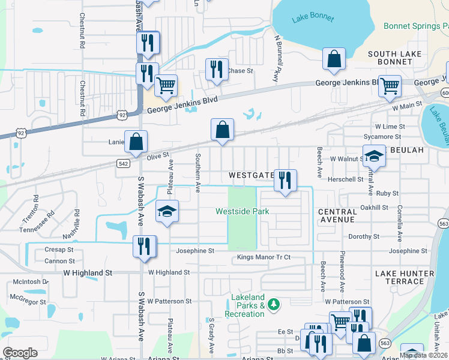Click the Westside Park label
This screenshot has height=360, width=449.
pos(242,212)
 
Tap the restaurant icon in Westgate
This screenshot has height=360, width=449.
pos(285,179)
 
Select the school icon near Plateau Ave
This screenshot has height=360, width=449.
pos(167,211)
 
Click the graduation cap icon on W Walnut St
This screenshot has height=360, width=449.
pos(373,157)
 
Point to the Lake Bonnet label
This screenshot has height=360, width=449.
pos(313,17)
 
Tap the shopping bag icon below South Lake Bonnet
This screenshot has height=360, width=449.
pos(334,59)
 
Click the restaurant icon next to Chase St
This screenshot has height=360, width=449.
pos(217,69)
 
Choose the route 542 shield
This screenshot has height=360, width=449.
pos(122,163)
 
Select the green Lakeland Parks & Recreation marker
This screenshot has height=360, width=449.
pos(274,305)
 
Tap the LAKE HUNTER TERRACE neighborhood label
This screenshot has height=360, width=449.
pos(403,277)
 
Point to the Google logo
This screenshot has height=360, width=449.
pos(20,352)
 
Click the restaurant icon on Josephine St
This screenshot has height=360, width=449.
pos(145,246)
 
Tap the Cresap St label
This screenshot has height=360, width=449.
pos(59,250)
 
